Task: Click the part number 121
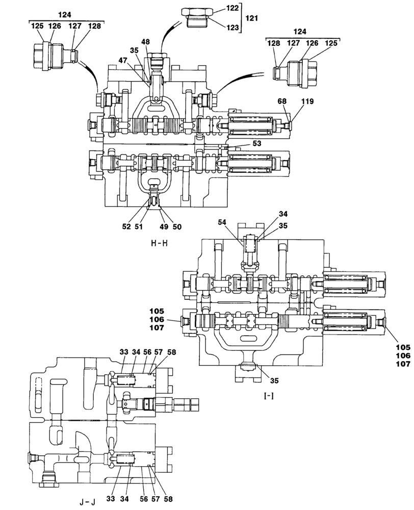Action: [x=251, y=18]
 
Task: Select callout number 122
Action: [x=232, y=9]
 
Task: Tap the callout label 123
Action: [x=232, y=28]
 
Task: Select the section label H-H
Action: [x=160, y=243]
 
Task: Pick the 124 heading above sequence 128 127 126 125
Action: [x=300, y=32]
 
